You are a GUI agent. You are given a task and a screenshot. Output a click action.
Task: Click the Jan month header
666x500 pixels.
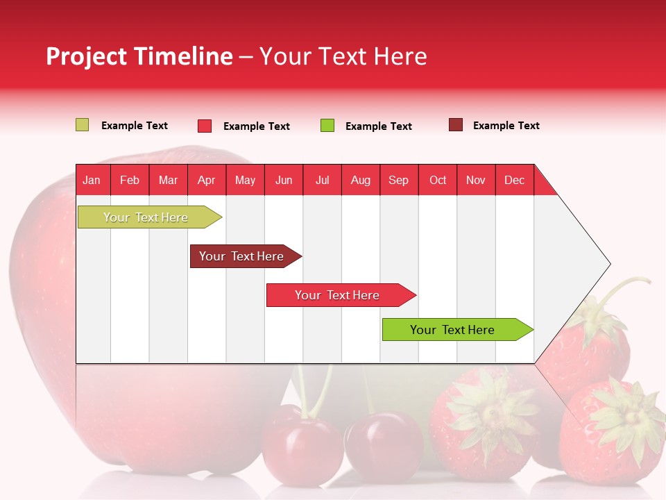click(x=92, y=180)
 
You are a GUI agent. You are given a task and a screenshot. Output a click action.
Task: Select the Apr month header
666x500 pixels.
click(x=207, y=180)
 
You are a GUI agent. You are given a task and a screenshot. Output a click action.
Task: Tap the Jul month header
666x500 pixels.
click(x=322, y=180)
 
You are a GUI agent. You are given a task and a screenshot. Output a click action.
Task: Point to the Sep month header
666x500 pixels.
click(x=398, y=180)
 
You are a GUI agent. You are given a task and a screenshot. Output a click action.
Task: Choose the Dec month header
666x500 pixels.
click(x=514, y=180)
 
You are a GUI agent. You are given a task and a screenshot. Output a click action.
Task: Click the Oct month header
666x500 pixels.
click(x=438, y=180)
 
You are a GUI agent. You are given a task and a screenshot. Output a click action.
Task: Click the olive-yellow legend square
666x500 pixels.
click(x=82, y=125)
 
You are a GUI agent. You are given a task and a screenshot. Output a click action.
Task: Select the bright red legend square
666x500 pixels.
click(x=205, y=126)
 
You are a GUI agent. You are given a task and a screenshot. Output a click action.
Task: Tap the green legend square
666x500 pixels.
click(x=327, y=126)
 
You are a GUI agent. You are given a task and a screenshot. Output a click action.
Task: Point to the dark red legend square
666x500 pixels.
click(x=456, y=125)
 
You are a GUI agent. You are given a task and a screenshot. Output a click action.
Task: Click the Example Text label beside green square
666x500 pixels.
click(x=378, y=126)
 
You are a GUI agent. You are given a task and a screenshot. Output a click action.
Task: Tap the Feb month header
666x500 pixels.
click(x=130, y=180)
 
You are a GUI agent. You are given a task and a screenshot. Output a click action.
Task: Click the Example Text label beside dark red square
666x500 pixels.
click(x=506, y=126)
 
